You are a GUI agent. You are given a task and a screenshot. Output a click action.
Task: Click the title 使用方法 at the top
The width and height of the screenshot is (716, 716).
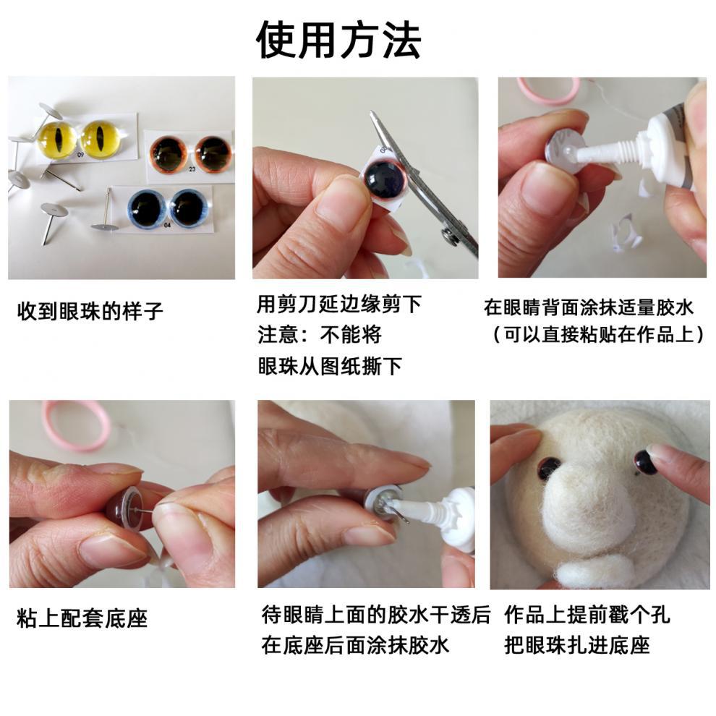click(338, 40)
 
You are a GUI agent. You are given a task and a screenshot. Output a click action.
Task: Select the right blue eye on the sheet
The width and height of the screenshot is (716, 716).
click(189, 208)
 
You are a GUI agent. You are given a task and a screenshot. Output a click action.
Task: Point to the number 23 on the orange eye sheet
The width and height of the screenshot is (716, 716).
click(192, 169)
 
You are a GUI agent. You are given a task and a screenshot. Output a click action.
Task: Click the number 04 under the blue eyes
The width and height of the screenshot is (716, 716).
click(168, 225)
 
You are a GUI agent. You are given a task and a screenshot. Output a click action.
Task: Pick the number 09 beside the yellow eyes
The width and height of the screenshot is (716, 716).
click(80, 155)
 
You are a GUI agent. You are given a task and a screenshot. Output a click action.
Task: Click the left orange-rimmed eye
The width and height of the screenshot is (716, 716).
click(169, 153)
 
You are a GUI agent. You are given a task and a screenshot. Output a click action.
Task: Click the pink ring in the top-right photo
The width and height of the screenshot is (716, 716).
click(548, 90)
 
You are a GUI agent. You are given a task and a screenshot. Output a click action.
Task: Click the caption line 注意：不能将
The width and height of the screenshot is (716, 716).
click(319, 335)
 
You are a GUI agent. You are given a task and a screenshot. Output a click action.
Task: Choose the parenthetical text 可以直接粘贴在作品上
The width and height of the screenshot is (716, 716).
click(597, 335)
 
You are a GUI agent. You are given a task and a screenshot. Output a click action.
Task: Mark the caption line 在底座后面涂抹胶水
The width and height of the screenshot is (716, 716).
click(355, 645)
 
